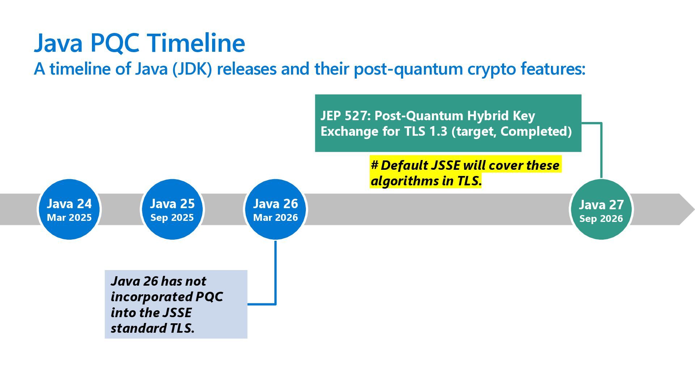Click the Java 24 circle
point(69,209)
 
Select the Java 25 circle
point(172,209)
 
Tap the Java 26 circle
point(275,209)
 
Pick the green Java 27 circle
point(601,209)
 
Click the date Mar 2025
point(69,218)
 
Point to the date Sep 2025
point(172,218)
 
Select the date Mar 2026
point(275,218)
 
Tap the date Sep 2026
point(601,219)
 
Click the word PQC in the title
point(114,43)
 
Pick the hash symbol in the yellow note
point(374,165)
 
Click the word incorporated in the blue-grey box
point(152,297)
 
